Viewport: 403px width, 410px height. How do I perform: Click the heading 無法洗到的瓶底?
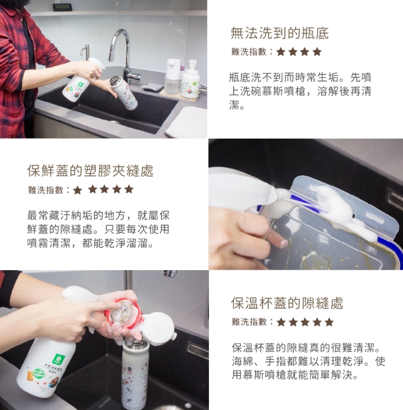click(279, 33)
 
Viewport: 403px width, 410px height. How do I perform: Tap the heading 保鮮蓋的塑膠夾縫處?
click(90, 170)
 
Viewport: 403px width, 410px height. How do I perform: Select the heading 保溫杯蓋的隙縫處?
click(287, 303)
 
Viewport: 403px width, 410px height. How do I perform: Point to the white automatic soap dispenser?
click(172, 76)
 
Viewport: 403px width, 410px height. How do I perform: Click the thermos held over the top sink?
click(123, 92)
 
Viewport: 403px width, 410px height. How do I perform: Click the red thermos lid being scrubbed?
click(123, 313)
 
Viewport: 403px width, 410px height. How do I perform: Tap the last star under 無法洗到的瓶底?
click(317, 52)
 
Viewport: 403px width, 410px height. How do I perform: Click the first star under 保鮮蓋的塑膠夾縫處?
click(77, 190)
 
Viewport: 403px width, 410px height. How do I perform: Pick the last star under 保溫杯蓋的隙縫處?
click(329, 322)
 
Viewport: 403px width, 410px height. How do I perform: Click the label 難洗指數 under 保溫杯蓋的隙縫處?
click(249, 322)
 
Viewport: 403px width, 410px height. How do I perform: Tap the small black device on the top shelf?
click(63, 7)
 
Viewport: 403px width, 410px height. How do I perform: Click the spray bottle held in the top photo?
click(79, 79)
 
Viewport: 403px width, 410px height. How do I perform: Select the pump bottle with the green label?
click(191, 79)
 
